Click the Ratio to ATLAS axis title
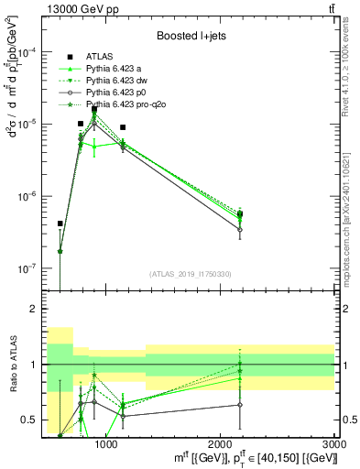pos(12,365)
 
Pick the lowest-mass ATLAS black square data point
pos(60,224)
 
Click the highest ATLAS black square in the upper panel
pos(94,109)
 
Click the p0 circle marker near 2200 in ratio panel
pos(240,404)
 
